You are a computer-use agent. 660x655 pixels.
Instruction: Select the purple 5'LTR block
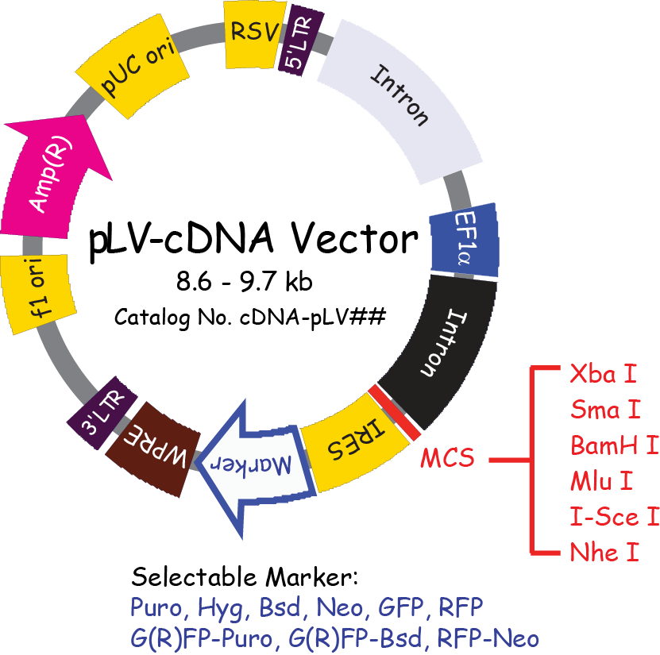tap(299, 46)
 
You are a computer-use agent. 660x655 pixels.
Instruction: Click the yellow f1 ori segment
tap(40, 293)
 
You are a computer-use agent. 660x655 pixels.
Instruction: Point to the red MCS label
tap(447, 458)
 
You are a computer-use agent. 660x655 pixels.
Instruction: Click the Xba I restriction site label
tap(604, 373)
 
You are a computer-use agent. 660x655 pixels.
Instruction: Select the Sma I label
tap(605, 410)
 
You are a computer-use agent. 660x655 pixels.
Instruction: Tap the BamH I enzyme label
tap(614, 445)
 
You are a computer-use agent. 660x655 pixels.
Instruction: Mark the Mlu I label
tap(601, 480)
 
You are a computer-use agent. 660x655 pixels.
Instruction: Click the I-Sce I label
tap(614, 517)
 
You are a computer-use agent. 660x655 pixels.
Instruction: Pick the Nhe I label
tap(604, 553)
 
